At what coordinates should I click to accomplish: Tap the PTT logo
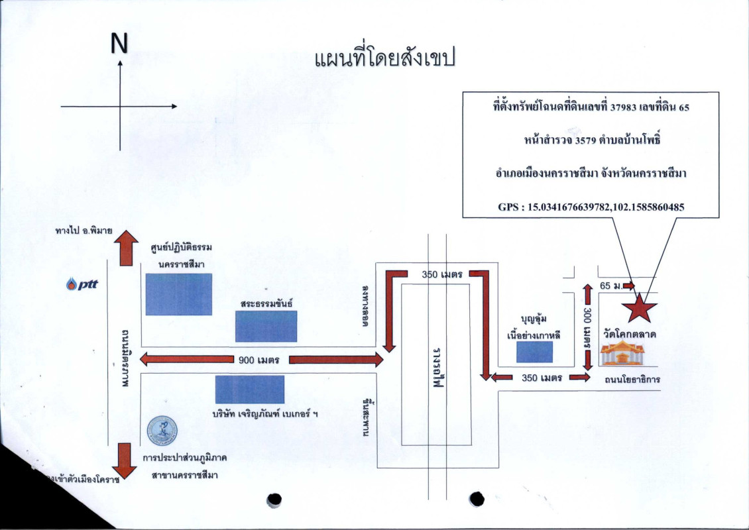[x=82, y=285]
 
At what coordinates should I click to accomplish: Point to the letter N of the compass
[x=119, y=44]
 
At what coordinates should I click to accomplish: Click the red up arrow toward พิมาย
[x=125, y=247]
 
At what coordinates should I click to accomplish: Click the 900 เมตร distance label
[x=259, y=360]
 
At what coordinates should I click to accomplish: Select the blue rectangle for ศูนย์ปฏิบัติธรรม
[x=178, y=293]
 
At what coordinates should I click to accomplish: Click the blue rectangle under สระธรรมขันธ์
[x=266, y=326]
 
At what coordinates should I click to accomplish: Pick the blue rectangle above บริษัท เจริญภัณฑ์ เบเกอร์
[x=250, y=390]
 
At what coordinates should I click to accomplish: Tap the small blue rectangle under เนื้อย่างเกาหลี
[x=534, y=352]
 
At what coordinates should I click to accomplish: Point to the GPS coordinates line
[x=591, y=207]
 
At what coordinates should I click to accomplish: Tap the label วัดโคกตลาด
[x=630, y=335]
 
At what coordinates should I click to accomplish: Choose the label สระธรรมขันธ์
[x=266, y=303]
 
